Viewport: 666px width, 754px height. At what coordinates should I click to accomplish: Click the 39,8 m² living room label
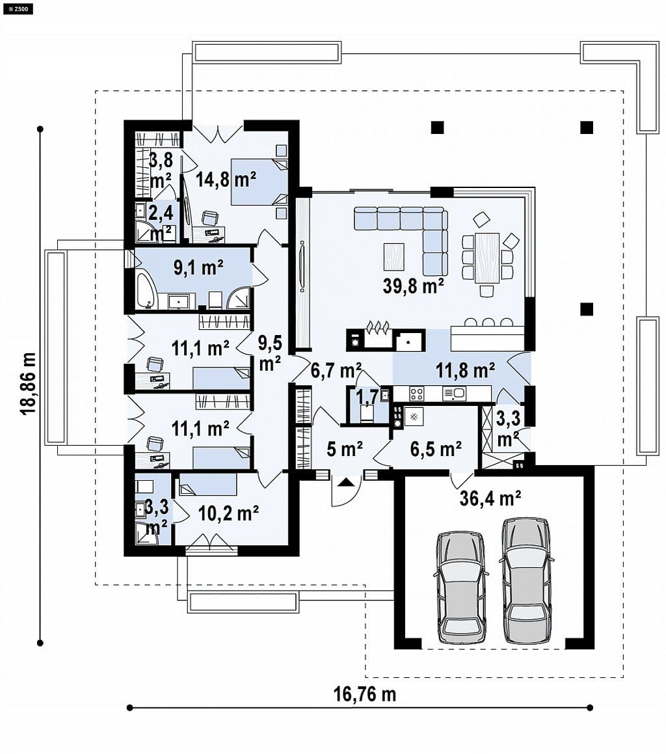click(413, 286)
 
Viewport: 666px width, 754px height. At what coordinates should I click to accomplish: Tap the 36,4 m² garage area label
click(490, 498)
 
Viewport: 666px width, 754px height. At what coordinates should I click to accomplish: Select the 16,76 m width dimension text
click(365, 694)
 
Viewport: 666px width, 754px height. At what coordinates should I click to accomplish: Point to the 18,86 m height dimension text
click(29, 383)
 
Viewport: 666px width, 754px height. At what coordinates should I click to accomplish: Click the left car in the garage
click(460, 587)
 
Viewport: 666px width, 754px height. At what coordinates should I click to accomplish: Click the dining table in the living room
click(486, 258)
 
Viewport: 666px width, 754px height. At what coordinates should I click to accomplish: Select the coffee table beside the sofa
click(394, 257)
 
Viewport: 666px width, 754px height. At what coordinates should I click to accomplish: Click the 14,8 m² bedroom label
click(226, 180)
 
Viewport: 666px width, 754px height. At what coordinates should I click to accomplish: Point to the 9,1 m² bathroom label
click(198, 267)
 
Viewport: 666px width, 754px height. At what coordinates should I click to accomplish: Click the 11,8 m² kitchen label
click(466, 370)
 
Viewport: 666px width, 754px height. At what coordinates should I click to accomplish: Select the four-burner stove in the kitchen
click(416, 394)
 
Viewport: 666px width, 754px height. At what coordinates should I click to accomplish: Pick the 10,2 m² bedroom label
click(229, 513)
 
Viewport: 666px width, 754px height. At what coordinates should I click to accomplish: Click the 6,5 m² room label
click(436, 449)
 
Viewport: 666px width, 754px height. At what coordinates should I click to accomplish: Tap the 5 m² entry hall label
click(345, 449)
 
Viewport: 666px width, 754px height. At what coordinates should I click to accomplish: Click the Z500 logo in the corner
click(18, 8)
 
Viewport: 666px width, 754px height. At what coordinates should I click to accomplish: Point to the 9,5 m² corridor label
click(270, 353)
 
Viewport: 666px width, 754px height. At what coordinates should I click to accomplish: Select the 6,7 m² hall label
click(336, 370)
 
